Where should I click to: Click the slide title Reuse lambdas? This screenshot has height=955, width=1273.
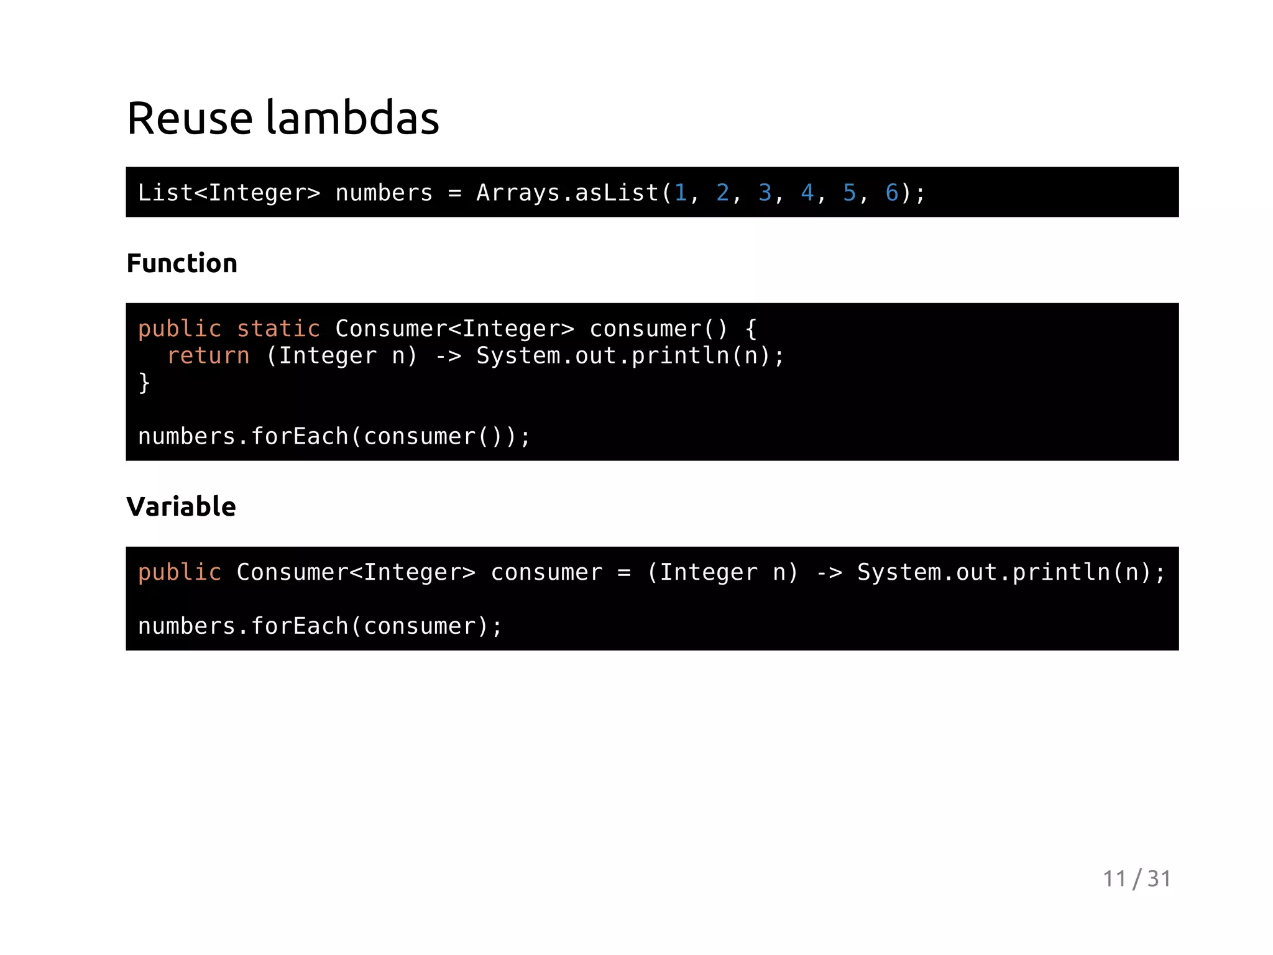click(x=283, y=118)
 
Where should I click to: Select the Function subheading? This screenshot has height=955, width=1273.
click(x=182, y=263)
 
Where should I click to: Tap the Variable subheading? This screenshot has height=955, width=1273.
click(x=181, y=507)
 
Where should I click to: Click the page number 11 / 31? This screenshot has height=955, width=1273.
click(x=1136, y=879)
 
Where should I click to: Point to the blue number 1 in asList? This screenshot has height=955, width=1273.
click(x=681, y=193)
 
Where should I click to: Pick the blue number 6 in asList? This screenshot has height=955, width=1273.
click(x=892, y=193)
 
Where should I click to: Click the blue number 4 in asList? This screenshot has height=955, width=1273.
click(x=807, y=193)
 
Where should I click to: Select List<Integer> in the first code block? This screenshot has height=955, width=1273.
click(x=229, y=193)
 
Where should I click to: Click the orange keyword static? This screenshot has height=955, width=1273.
click(x=278, y=329)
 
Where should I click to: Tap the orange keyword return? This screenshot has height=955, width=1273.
click(x=208, y=355)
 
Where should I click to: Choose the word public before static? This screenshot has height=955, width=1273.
click(x=180, y=329)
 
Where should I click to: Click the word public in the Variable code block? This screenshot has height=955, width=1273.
click(x=180, y=572)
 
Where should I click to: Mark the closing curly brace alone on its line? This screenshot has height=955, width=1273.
click(x=144, y=383)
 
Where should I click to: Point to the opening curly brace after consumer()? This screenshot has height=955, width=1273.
click(x=751, y=329)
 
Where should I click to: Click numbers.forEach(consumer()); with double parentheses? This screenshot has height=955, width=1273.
click(x=334, y=436)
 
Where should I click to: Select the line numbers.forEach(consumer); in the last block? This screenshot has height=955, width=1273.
click(x=320, y=626)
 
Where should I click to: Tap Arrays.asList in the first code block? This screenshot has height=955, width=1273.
click(x=568, y=193)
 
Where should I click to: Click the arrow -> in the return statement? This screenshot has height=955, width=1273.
click(x=448, y=355)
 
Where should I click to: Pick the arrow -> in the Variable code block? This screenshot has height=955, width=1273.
click(x=829, y=572)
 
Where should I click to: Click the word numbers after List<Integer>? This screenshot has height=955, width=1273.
click(x=384, y=193)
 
